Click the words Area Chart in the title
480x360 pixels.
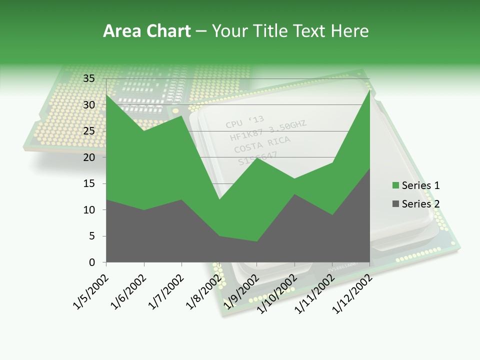[146, 31]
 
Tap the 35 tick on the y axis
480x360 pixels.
[88, 78]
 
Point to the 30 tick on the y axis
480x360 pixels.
[88, 105]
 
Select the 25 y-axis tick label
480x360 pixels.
[88, 131]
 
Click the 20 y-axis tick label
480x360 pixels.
[88, 157]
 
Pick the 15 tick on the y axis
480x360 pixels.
[88, 183]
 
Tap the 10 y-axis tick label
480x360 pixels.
[88, 210]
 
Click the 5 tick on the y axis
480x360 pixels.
[91, 236]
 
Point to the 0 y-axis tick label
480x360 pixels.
[91, 262]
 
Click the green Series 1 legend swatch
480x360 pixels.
[396, 185]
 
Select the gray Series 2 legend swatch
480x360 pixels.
[396, 203]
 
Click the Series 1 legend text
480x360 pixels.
[420, 185]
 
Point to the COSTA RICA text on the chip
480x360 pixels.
[262, 144]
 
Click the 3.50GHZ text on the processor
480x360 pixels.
[286, 127]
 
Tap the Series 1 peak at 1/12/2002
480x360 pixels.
[369, 89]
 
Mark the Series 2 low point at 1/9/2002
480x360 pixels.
[257, 241]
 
